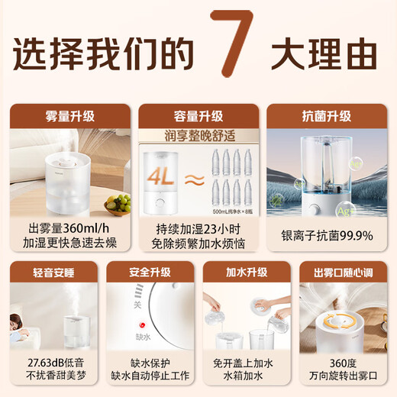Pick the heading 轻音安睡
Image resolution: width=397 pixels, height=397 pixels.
(x=53, y=272)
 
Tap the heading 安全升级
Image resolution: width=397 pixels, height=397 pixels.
(x=150, y=272)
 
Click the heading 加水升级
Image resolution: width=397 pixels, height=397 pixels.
(x=246, y=272)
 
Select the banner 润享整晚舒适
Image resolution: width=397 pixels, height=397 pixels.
(x=198, y=137)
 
